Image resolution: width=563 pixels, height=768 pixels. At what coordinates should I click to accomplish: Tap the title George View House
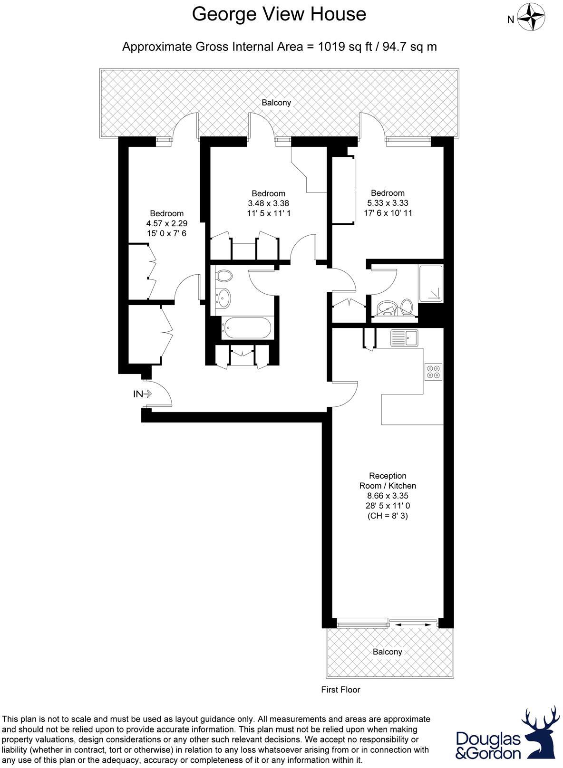(279, 14)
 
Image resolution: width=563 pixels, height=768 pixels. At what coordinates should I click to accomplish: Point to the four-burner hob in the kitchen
(434, 371)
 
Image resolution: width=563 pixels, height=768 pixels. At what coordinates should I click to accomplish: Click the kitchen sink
(404, 338)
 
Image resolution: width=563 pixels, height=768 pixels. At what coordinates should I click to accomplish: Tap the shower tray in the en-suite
(431, 284)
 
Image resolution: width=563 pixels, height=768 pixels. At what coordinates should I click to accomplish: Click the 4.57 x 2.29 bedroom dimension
(167, 223)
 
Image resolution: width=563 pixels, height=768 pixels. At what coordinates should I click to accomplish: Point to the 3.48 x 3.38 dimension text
(269, 203)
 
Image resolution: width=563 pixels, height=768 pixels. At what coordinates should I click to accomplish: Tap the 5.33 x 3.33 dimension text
(388, 203)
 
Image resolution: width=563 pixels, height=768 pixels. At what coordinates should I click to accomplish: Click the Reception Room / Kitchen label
(388, 480)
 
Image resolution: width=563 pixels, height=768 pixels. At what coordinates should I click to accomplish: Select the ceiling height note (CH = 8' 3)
(388, 516)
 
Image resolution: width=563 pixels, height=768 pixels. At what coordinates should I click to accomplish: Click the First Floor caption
(340, 690)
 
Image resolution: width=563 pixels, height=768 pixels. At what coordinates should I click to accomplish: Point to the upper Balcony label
(276, 103)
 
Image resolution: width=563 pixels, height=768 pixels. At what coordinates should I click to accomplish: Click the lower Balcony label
(387, 652)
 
